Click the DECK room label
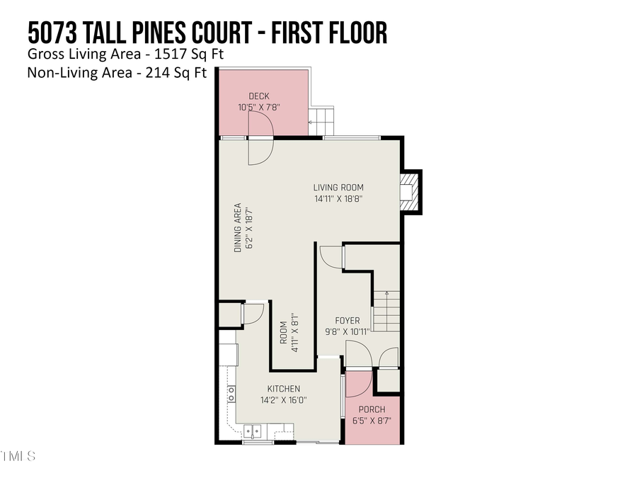(x=259, y=96)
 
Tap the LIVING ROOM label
(x=338, y=188)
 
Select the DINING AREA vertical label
(x=239, y=228)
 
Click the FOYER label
(x=348, y=321)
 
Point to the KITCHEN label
(x=283, y=389)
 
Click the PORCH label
(x=372, y=409)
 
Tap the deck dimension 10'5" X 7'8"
(x=259, y=108)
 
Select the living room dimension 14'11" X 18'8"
(x=338, y=199)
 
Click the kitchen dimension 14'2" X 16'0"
(x=283, y=399)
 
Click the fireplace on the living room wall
(x=408, y=191)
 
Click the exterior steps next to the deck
(x=321, y=120)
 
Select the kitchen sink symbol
(x=253, y=430)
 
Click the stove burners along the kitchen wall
(x=231, y=394)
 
